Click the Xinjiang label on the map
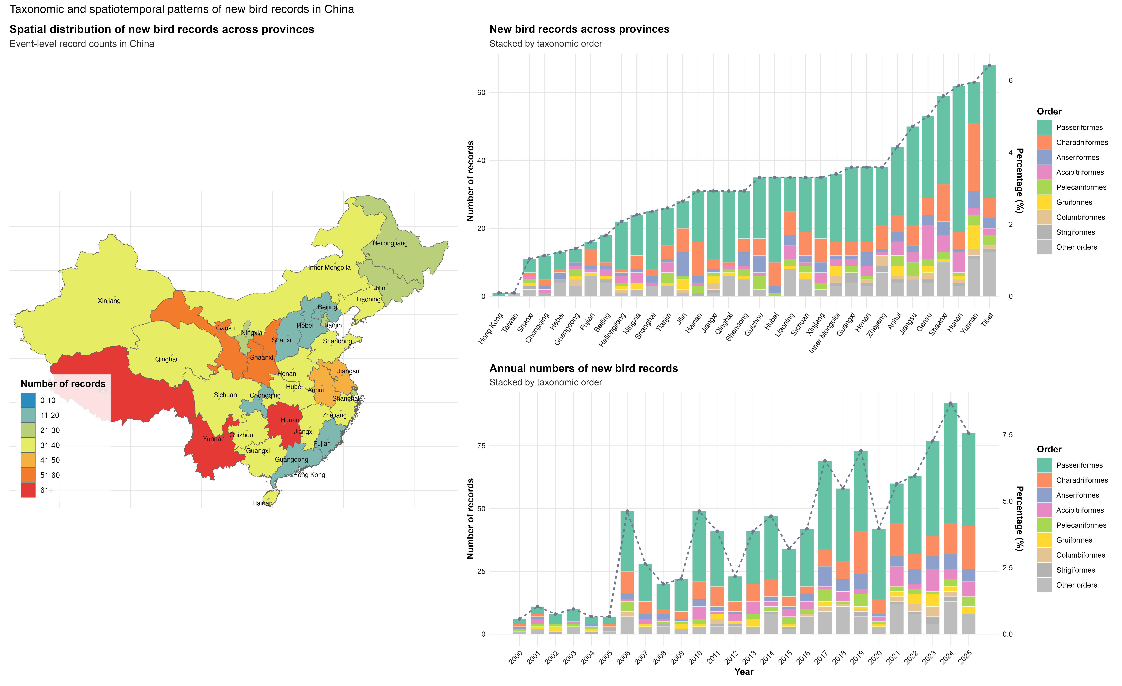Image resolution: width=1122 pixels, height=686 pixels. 109,301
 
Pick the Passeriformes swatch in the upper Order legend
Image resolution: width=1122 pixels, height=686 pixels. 1044,128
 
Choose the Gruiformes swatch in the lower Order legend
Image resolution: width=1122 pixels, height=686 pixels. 1044,540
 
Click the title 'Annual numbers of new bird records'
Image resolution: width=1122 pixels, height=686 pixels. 583,369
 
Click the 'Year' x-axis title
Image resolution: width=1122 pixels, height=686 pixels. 744,671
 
